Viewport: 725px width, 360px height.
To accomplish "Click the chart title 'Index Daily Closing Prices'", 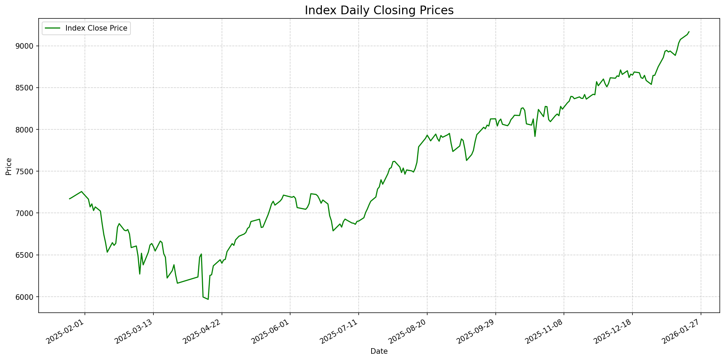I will [379, 10].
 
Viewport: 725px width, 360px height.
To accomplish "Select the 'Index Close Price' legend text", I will [96, 28].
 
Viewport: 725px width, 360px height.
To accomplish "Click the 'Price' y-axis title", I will [9, 166].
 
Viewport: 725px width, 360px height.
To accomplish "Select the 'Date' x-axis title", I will [379, 351].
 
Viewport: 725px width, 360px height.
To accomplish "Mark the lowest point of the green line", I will [208, 299].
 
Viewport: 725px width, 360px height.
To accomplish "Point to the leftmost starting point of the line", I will [70, 199].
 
